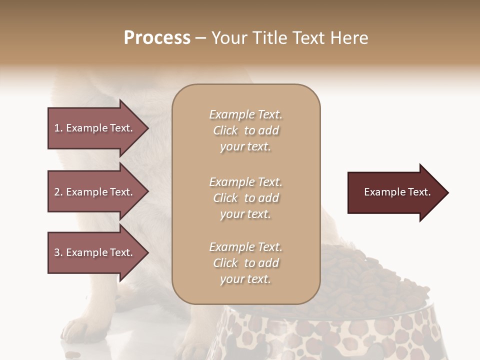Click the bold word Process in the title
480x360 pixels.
point(157,38)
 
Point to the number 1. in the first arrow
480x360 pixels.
point(58,128)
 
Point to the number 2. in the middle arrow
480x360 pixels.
point(58,192)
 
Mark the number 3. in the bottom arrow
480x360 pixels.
point(58,252)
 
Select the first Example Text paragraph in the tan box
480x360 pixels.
point(245,130)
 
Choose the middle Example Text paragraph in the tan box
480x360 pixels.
point(245,198)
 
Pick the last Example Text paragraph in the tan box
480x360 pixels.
point(245,263)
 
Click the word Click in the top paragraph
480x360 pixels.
point(225,130)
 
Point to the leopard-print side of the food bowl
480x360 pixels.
point(320,335)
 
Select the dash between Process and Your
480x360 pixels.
point(200,38)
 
